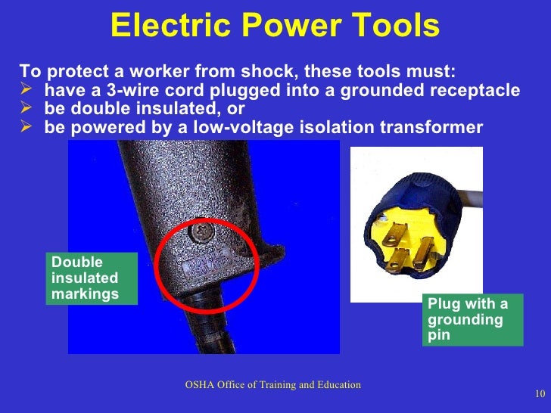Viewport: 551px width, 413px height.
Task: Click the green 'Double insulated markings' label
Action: (x=91, y=278)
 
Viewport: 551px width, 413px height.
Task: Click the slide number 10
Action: (x=540, y=393)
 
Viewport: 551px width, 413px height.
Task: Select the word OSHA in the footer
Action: (x=201, y=385)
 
